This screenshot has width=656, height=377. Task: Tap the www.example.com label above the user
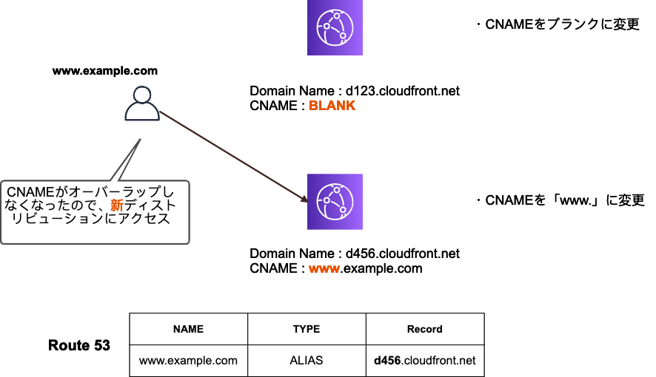coord(105,71)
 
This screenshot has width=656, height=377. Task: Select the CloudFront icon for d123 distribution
coord(335,28)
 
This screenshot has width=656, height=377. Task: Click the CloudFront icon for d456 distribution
coord(335,201)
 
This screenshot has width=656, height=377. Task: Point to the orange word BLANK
coord(332,106)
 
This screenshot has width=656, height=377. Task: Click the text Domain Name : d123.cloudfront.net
coord(355,91)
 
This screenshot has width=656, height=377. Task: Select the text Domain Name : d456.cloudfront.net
coord(355,254)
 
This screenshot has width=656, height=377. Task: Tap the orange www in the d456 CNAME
coord(324,268)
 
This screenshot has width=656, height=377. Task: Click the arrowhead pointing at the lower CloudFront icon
coord(304,198)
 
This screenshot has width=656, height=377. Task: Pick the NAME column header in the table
coord(188,329)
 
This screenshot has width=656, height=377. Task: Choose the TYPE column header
coord(307,329)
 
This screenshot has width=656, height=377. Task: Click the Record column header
coord(425,329)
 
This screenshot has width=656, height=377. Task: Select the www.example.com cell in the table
coord(188,361)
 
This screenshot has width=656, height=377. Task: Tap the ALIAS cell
coord(307,361)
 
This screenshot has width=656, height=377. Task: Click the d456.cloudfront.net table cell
coord(425,361)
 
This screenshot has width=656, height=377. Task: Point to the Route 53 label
coord(79,345)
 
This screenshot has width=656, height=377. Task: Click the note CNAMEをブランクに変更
coord(557,25)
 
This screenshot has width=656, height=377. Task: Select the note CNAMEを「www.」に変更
coord(560,200)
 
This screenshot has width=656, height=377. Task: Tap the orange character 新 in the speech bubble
coord(116,205)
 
